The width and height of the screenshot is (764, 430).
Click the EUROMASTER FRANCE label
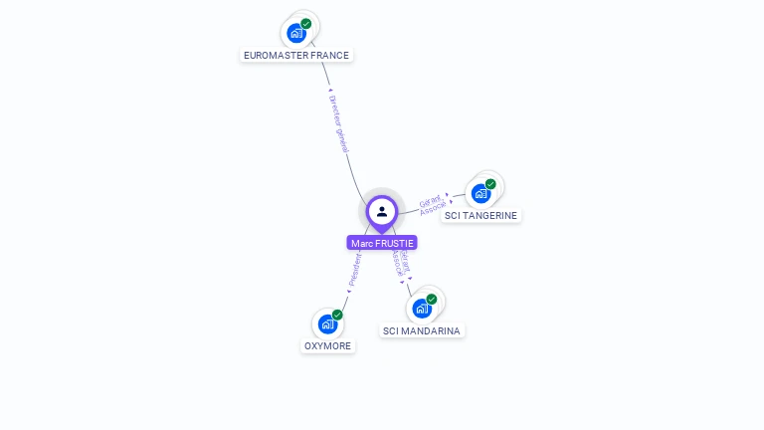(296, 56)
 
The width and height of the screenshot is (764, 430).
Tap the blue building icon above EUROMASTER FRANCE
(296, 33)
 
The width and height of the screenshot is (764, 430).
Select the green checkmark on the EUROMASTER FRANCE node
(306, 23)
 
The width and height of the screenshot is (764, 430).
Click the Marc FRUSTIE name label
(382, 243)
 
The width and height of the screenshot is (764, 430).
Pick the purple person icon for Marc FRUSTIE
(382, 211)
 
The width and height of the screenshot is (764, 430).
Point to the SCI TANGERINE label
(481, 215)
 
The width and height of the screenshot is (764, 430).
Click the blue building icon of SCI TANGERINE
(480, 193)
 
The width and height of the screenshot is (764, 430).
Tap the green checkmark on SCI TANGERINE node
(490, 184)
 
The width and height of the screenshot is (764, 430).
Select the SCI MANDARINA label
(422, 330)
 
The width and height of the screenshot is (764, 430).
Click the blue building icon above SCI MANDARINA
(422, 309)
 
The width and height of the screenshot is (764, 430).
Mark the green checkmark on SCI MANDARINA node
(432, 299)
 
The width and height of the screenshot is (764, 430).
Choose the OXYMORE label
(327, 346)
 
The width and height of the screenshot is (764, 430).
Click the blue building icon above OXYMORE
(327, 323)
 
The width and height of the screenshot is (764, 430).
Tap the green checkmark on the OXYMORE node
(337, 315)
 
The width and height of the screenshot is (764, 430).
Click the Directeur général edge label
(339, 122)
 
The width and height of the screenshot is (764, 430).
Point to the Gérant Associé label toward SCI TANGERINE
(432, 204)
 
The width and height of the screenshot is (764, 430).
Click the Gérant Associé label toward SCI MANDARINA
(400, 261)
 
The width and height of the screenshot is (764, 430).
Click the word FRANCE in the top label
(330, 56)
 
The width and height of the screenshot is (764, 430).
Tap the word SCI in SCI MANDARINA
(391, 330)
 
